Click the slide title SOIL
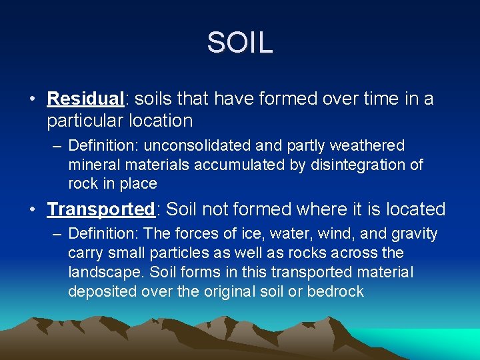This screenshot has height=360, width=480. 240,43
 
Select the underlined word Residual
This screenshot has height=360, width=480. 86,99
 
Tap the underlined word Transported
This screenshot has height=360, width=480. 101,209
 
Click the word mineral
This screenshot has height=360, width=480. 90,165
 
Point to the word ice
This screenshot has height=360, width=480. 237,234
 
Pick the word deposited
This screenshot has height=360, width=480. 97,292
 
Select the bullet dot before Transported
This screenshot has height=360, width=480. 33,210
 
